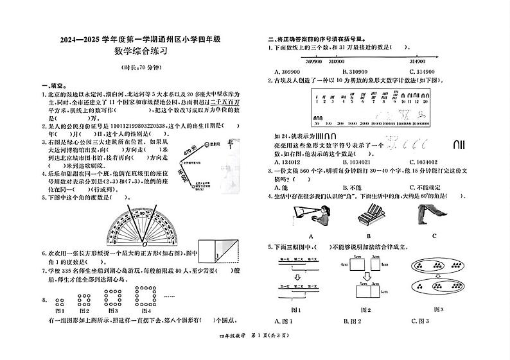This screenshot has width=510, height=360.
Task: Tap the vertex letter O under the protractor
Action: pos(145,244)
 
